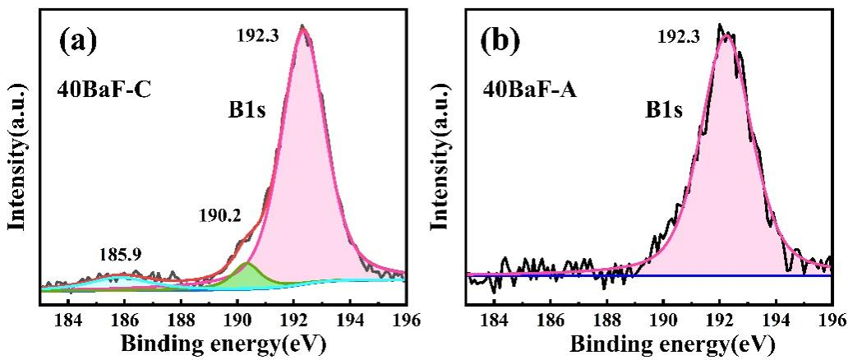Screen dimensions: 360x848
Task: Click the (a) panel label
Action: click(x=81, y=41)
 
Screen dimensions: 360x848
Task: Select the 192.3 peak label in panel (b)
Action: click(x=678, y=37)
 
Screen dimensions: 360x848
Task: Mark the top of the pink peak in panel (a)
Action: click(x=302, y=30)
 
